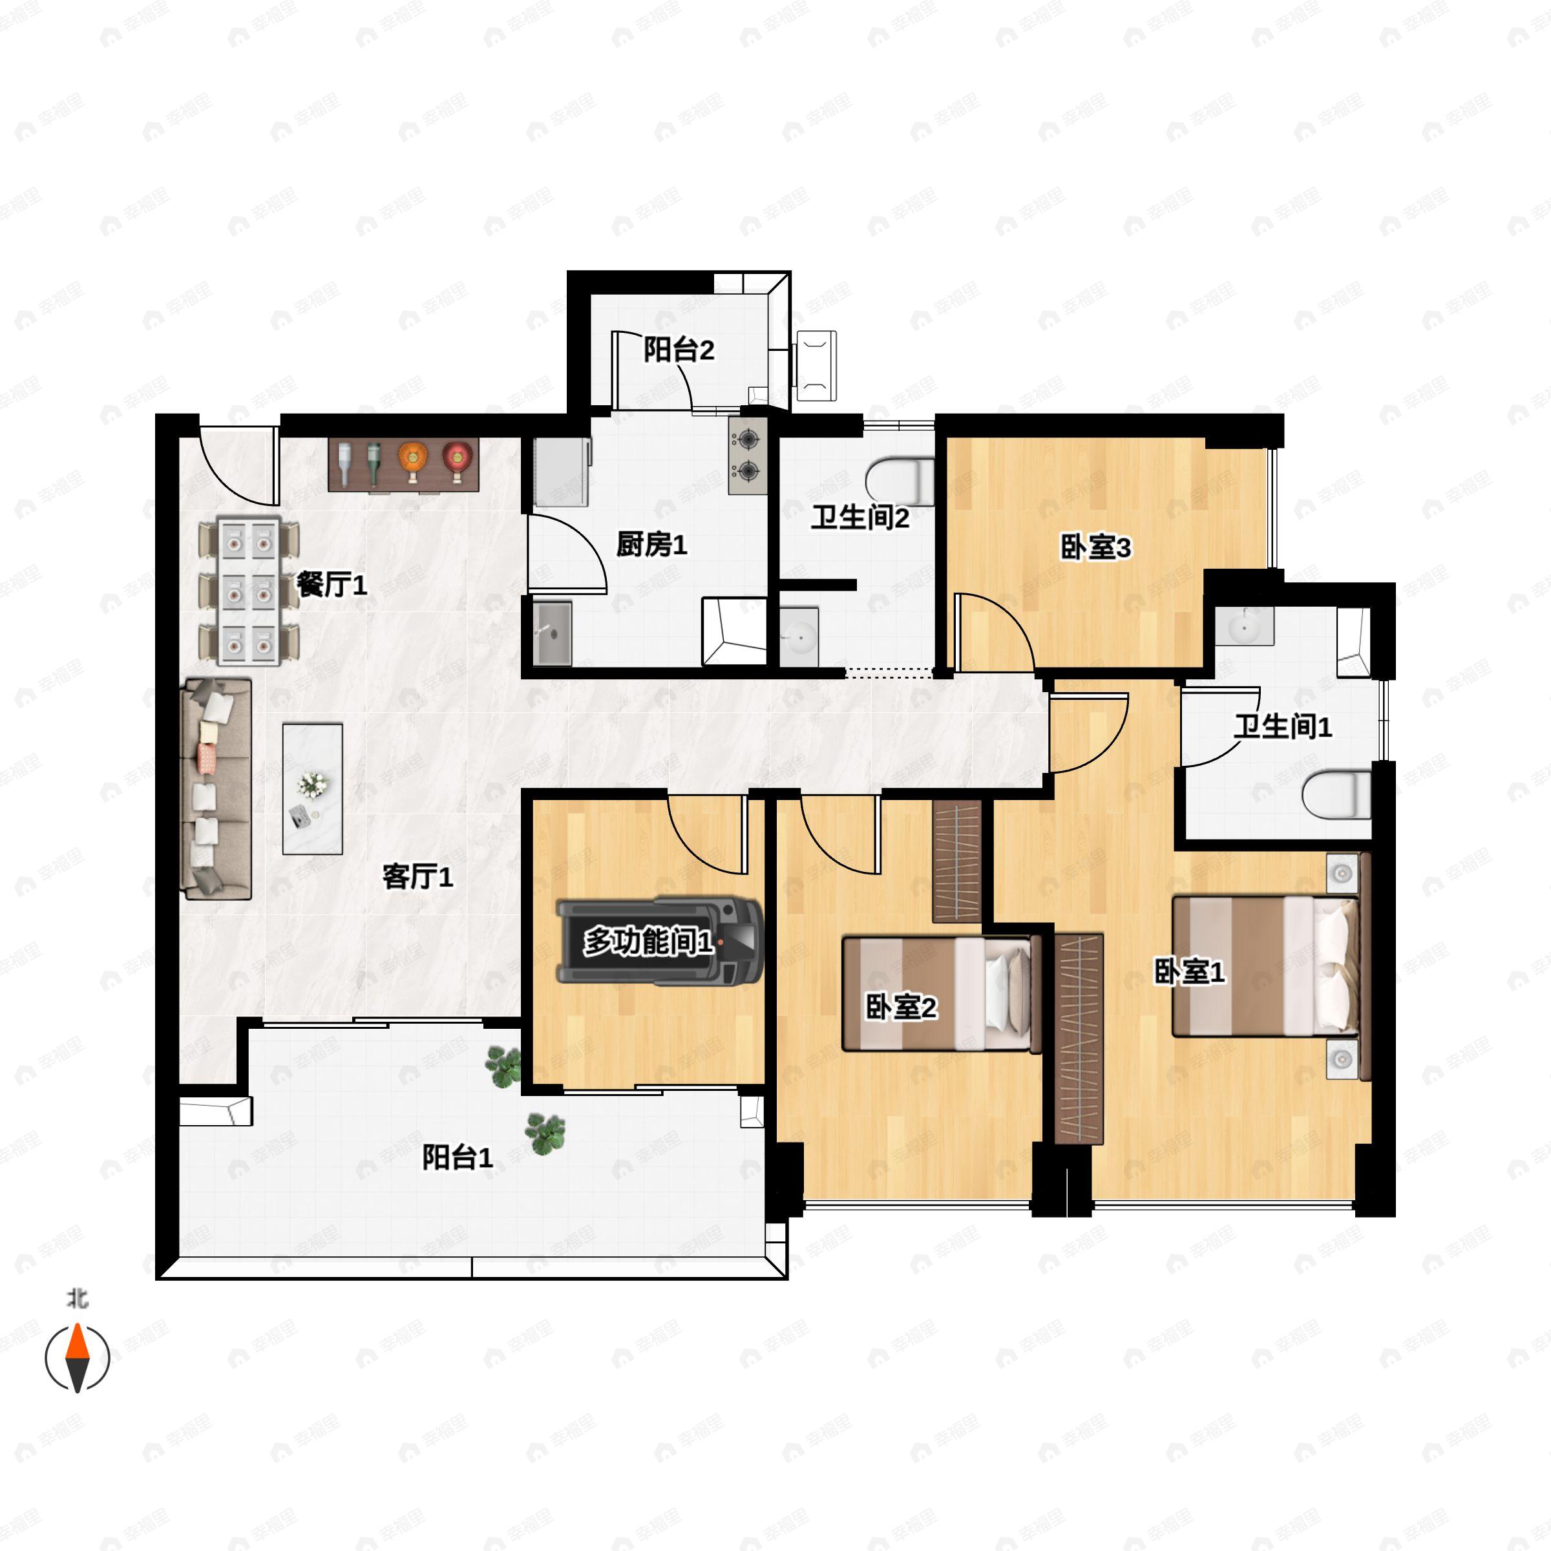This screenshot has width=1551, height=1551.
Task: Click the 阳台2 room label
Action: (x=679, y=350)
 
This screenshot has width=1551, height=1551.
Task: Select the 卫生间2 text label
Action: (x=860, y=518)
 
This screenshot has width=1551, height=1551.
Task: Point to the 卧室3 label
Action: (x=1096, y=547)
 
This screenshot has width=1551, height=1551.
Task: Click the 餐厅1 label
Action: (x=332, y=584)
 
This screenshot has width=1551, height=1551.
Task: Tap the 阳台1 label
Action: (x=458, y=1157)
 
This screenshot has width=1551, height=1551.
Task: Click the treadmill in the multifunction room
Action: (x=659, y=941)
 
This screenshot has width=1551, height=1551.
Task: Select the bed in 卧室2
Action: (x=942, y=994)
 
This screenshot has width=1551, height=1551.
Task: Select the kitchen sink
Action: (x=553, y=634)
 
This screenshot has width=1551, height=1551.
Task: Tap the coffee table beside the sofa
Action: (x=312, y=789)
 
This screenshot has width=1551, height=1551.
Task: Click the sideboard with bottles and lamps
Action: (x=404, y=465)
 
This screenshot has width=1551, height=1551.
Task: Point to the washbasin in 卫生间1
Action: (x=1244, y=626)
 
